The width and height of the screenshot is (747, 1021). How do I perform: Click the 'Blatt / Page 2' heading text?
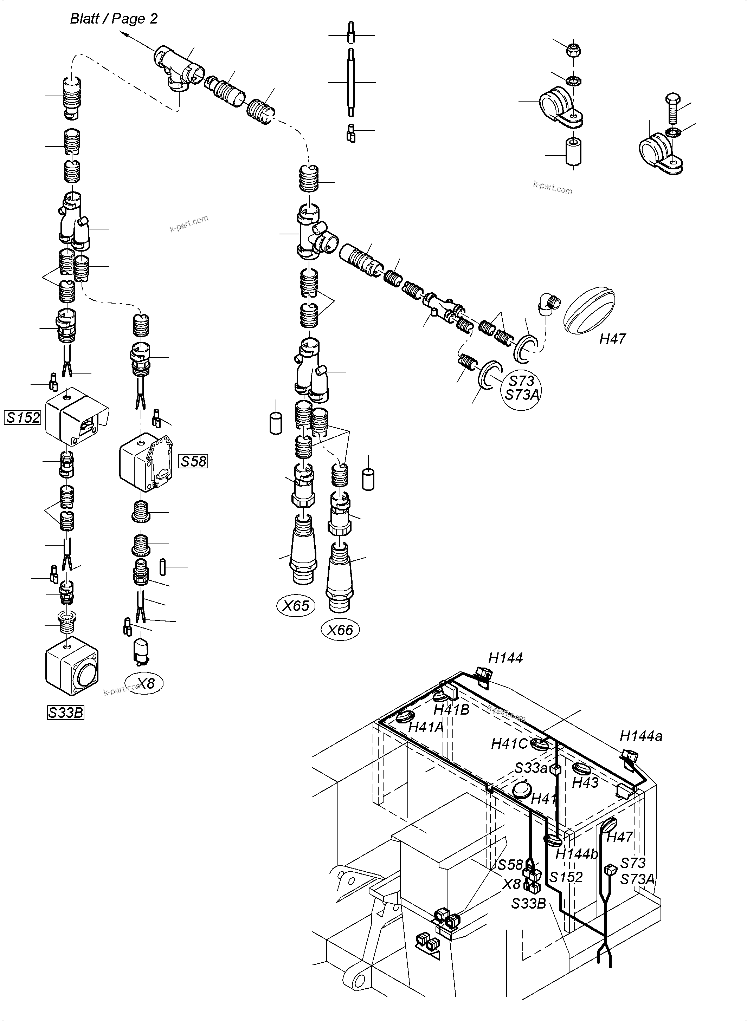coord(114,19)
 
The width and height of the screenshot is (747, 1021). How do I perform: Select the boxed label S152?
coord(22,417)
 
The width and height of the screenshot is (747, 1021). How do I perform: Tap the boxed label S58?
coord(194,461)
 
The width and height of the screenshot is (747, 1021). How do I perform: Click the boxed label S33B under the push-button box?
coord(66,713)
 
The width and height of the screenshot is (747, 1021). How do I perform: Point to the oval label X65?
coord(296,606)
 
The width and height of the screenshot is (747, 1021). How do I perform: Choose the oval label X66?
coord(340,630)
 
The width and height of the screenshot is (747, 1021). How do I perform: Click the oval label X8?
coord(145,683)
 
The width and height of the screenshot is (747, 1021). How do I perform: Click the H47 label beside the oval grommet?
coord(612,339)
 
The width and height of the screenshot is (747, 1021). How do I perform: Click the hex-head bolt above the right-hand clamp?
coord(672,109)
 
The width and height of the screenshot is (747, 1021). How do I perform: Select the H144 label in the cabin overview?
coord(505,658)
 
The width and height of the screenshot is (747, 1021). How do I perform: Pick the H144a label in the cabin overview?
coord(641,736)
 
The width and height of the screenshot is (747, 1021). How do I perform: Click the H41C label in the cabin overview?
coord(509,743)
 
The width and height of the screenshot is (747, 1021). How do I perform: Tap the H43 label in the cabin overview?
coord(585,782)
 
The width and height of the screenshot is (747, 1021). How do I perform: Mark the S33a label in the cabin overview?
coord(531,767)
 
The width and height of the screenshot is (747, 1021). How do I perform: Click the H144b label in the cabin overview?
coord(577,854)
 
